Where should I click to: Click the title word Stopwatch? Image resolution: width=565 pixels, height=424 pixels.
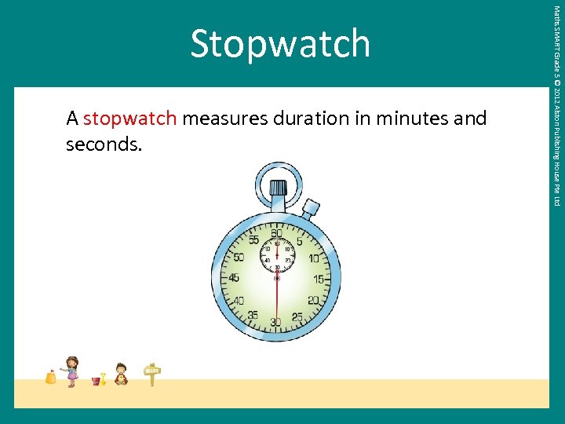click(x=279, y=44)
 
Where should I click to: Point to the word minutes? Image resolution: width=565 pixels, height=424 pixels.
click(x=413, y=119)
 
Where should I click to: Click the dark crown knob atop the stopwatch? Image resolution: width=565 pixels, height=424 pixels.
click(x=278, y=188)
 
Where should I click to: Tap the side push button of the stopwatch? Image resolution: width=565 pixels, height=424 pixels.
click(x=312, y=208)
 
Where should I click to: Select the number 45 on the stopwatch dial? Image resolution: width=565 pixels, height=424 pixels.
click(x=234, y=279)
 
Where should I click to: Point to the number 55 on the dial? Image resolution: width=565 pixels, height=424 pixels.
click(x=253, y=239)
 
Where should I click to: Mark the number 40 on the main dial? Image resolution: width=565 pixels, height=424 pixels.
click(x=239, y=301)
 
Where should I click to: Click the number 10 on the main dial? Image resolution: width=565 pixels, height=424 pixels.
click(x=314, y=258)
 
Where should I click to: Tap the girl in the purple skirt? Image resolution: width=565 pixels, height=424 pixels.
click(x=71, y=371)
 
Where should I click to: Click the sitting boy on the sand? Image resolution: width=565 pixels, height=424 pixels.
click(x=121, y=375)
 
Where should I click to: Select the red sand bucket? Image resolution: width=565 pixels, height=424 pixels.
click(x=97, y=381)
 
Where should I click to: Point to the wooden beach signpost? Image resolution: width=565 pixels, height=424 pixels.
click(x=152, y=374)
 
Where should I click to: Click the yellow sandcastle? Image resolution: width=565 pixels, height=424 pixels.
click(x=51, y=377)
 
